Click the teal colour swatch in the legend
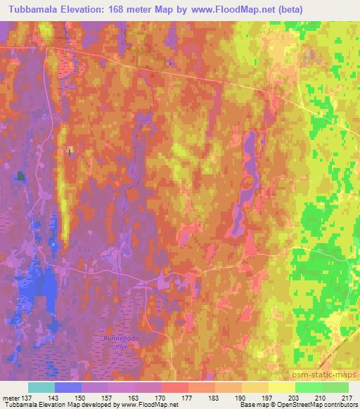pyautogui.click(x=41, y=387)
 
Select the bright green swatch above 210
pyautogui.click(x=308, y=387)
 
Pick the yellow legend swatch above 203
pyautogui.click(x=281, y=387)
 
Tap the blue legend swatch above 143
pyautogui.click(x=68, y=387)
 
